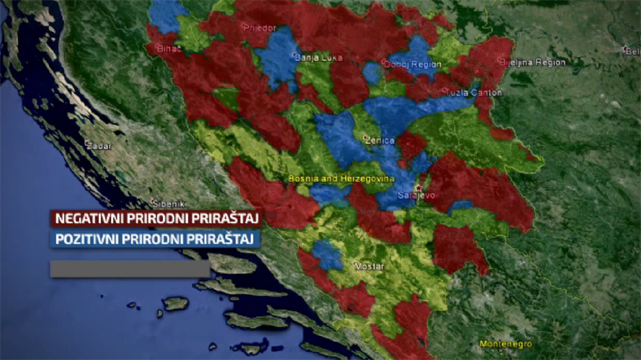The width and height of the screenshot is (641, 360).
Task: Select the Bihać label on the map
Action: point(169,49)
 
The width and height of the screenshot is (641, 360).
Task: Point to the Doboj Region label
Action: point(414,65)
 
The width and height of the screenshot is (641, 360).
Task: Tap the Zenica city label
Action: point(380,140)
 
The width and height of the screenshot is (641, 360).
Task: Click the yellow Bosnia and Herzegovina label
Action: point(342,179)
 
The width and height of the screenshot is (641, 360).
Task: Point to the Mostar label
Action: point(369,266)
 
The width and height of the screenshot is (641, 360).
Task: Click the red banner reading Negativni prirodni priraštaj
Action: point(156,219)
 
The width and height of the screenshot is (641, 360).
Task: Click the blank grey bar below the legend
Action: point(130,269)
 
